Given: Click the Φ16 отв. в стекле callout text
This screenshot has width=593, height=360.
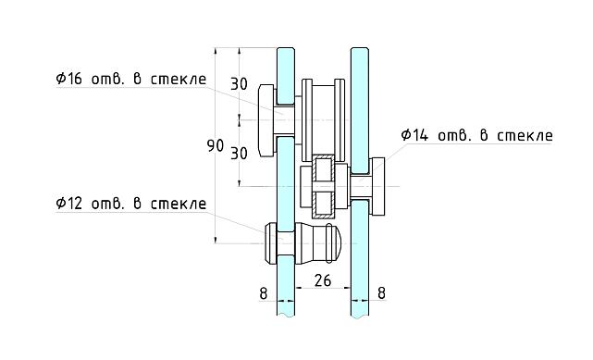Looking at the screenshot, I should tap(130, 80).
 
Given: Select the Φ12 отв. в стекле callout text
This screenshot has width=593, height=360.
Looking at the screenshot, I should tap(130, 203).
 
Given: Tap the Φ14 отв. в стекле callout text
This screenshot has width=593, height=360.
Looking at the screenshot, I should tap(476, 135).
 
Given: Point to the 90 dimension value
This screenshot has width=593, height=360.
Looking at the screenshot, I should tap(215, 146).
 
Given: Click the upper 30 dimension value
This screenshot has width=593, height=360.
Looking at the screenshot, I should tap(239, 84).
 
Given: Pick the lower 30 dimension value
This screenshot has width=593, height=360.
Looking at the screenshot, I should tap(239, 154).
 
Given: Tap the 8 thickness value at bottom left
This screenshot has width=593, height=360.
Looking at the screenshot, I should tap(264, 293).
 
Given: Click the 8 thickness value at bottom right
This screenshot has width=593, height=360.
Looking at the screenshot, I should tap(383, 293).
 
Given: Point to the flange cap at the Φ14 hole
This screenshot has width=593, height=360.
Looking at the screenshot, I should tap(377, 185).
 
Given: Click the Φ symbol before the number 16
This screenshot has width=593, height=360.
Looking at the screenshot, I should tap(61, 80).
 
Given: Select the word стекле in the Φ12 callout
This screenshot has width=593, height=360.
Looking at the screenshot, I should tap(179, 203).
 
